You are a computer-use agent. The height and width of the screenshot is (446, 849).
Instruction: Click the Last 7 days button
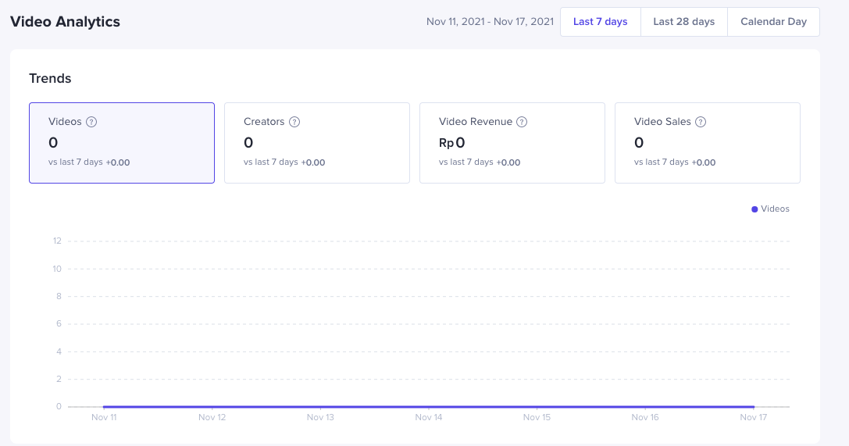(x=600, y=22)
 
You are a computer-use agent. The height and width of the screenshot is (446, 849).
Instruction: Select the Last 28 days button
(x=683, y=22)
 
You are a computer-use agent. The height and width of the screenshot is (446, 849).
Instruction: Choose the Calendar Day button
(x=773, y=22)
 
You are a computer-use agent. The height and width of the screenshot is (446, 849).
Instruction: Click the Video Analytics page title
(x=65, y=22)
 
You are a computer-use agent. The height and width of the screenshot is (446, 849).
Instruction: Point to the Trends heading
(x=50, y=78)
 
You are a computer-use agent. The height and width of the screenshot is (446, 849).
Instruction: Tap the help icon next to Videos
(x=91, y=122)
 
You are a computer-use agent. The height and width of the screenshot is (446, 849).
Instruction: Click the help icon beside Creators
(x=294, y=122)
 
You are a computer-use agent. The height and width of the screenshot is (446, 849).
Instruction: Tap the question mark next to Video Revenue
(x=522, y=122)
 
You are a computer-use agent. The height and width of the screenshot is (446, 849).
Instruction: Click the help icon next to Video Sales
(x=701, y=122)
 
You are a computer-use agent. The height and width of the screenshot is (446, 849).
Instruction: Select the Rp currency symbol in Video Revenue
(x=446, y=143)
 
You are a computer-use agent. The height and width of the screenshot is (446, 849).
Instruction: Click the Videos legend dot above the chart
(x=754, y=209)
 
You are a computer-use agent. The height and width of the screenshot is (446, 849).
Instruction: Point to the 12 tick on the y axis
(x=57, y=241)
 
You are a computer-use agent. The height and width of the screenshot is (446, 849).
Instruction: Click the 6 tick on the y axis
(x=59, y=323)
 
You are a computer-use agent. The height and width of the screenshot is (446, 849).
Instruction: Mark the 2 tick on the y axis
(x=59, y=379)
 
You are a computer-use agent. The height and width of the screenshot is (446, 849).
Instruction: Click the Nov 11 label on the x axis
(x=104, y=417)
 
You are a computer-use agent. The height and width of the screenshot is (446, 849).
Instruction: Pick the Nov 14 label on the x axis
(x=429, y=417)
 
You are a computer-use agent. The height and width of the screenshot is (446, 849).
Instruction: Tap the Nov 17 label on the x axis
(x=754, y=417)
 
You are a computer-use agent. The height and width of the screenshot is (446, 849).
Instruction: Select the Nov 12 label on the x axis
(x=212, y=417)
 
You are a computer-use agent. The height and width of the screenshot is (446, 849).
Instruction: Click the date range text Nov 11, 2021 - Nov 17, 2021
(x=490, y=22)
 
